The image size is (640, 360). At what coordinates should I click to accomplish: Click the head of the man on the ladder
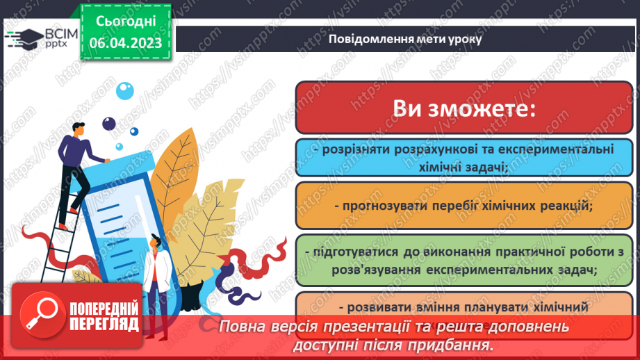tap(78, 130)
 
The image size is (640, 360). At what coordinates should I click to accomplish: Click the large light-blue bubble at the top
tap(124, 90)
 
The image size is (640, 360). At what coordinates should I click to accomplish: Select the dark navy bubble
tap(108, 123)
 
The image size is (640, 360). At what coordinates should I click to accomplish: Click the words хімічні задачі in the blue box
tap(465, 167)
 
